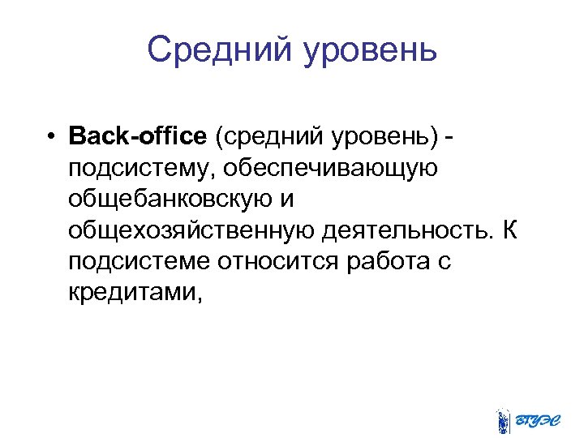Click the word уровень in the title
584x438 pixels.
click(x=371, y=52)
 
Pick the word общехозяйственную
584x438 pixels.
click(x=191, y=232)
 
